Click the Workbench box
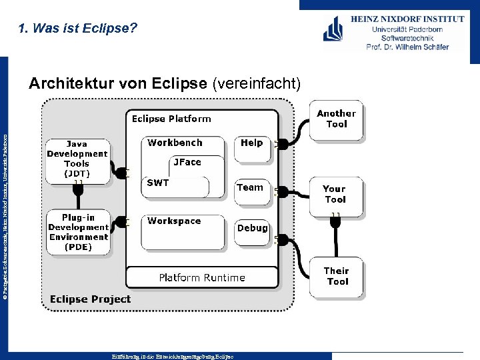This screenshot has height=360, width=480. pos(175,143)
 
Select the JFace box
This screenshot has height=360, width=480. pos(187,162)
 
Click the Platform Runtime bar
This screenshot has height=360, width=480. pos(202,277)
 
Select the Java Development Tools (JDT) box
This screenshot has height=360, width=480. pos(77,159)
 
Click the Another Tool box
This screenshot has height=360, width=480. pos(336,119)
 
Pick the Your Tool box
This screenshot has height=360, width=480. pos(335,195)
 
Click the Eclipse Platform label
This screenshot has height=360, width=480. pos(171,119)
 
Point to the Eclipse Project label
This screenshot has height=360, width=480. pos(90,299)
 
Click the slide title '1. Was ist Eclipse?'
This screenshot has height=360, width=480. pos(78,29)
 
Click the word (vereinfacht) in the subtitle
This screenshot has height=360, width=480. pos(257,83)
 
